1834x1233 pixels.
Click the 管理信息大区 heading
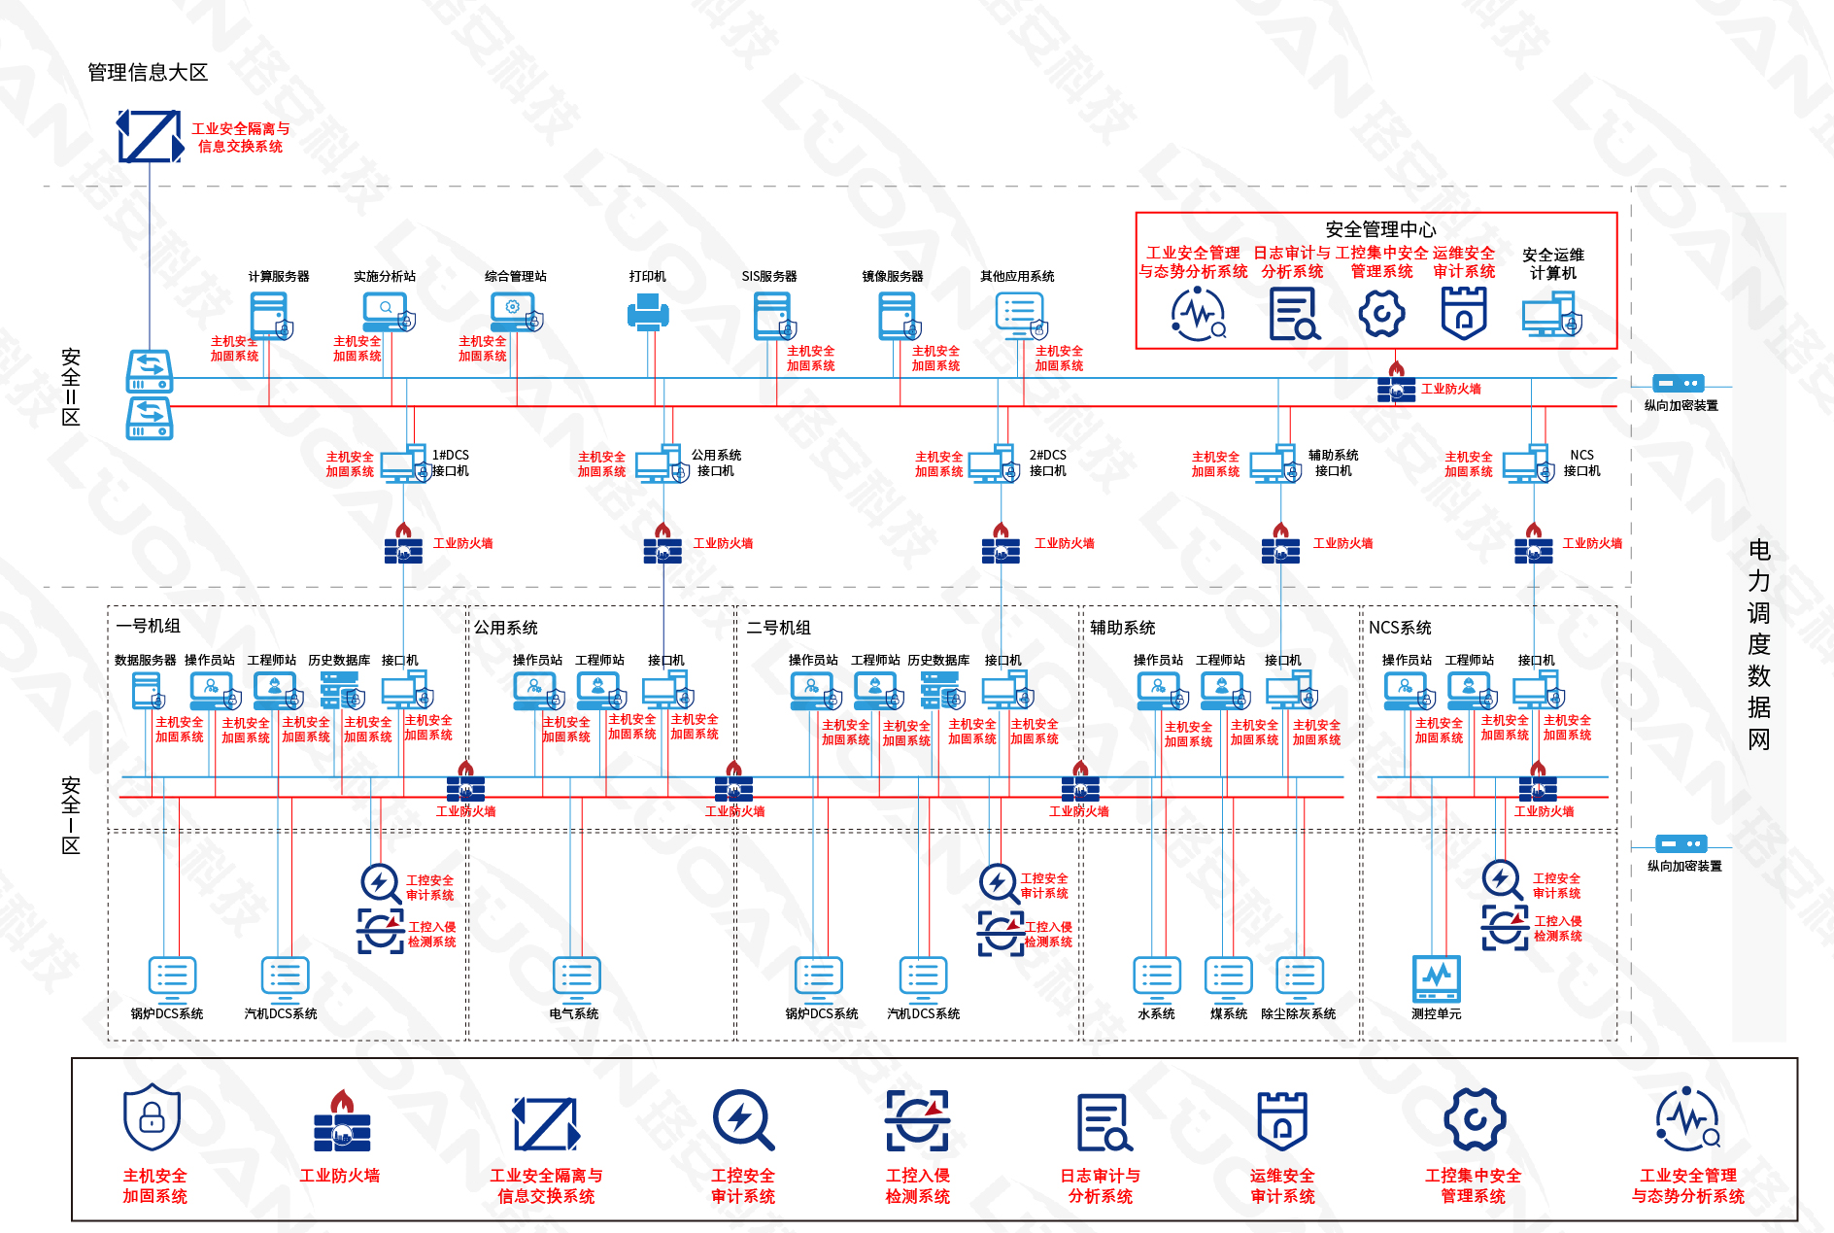148,73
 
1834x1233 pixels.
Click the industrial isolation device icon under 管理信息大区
150,136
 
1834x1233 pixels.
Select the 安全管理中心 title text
1380,229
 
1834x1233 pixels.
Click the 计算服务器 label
279,277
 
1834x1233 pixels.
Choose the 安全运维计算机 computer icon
1551,317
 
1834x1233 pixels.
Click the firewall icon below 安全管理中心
1396,385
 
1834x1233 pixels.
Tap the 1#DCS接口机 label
450,462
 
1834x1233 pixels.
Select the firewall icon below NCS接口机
1533,545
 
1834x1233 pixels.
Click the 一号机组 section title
149,627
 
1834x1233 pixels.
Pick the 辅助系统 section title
1122,628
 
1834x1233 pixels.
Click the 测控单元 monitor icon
1436,979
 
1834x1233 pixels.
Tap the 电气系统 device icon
576,979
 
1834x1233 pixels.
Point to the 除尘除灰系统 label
1298,1014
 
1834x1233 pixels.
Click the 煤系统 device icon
1228,979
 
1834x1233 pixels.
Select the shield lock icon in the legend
153,1117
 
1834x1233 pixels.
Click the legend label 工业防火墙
340,1176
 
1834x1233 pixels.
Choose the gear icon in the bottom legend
1474,1120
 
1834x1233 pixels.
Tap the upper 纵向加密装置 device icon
1679,384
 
